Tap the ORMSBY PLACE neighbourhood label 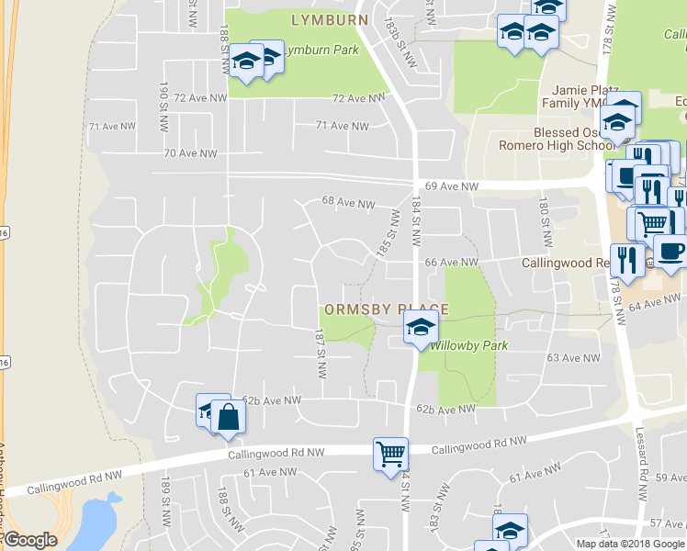[x=384, y=310]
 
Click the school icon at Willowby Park [x=421, y=328]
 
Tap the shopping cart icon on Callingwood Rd [x=390, y=453]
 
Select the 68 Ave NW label [x=348, y=203]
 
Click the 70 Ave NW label [x=190, y=153]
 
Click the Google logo [x=30, y=540]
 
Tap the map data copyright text [x=630, y=544]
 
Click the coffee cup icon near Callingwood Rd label [x=670, y=251]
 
